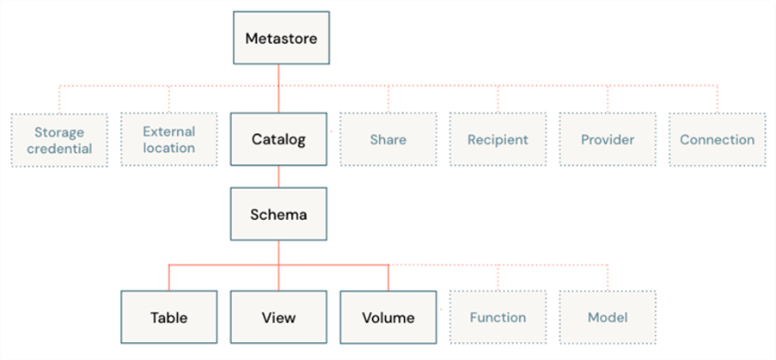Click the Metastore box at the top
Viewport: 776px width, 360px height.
click(281, 38)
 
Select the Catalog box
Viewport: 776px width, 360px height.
click(278, 139)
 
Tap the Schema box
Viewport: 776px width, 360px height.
click(278, 214)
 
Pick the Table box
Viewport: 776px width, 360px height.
click(168, 317)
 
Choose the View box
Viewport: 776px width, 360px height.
click(278, 317)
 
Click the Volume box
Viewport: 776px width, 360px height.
click(388, 317)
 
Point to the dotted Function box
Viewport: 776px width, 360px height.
click(498, 317)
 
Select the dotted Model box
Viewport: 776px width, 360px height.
click(608, 317)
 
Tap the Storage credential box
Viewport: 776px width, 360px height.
click(59, 140)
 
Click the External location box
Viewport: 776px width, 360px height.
click(168, 139)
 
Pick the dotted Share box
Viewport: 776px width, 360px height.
click(388, 139)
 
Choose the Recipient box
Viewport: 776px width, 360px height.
click(498, 139)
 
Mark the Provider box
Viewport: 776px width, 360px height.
click(608, 139)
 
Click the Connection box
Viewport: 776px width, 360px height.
click(718, 139)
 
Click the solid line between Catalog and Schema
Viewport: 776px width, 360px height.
click(278, 176)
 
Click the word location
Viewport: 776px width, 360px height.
click(168, 148)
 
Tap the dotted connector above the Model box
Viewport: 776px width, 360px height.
click(608, 278)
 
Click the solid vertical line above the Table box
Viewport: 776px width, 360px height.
click(169, 278)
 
